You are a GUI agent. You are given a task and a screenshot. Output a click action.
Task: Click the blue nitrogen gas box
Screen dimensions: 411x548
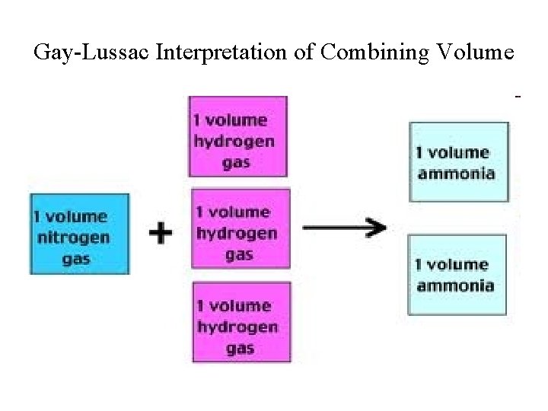tap(79, 234)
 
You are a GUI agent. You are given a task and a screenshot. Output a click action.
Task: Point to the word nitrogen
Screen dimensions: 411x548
tap(73, 237)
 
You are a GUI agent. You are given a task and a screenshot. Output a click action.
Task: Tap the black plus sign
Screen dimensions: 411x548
tap(160, 231)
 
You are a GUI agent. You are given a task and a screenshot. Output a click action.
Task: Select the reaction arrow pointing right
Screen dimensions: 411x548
tap(344, 226)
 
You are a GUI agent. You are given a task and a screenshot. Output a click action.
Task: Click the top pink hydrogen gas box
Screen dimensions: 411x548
tap(237, 136)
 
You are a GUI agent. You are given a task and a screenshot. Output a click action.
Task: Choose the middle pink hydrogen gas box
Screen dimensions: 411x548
tap(241, 228)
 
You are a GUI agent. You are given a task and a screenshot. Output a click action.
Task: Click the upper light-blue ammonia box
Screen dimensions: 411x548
tap(458, 161)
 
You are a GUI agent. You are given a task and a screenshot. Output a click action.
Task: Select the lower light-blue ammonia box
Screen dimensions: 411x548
tap(457, 274)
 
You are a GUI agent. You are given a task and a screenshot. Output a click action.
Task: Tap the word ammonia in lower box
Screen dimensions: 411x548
tap(454, 285)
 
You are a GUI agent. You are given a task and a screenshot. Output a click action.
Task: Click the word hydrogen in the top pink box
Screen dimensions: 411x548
tap(235, 141)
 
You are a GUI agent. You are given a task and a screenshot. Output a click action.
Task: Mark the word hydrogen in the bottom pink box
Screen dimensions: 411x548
tap(237, 327)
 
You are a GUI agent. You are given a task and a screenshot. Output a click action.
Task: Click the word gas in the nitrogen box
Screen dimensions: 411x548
tap(76, 258)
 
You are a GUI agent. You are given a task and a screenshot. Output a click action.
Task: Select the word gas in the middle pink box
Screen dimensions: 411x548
tap(240, 254)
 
